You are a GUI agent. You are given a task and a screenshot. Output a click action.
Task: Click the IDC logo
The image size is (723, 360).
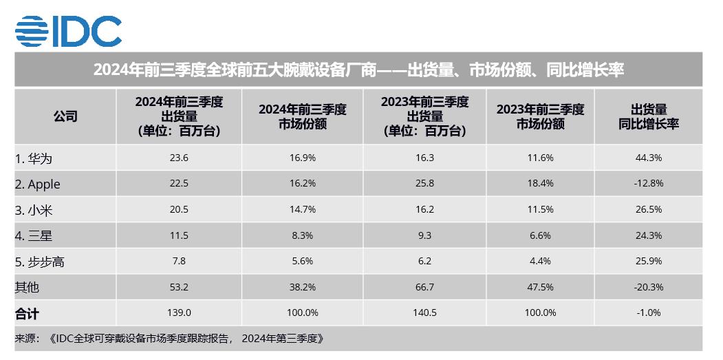pos(68,30)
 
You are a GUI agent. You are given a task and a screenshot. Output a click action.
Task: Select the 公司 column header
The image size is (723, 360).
pos(65,116)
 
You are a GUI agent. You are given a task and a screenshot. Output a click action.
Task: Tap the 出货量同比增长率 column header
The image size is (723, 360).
pos(648,116)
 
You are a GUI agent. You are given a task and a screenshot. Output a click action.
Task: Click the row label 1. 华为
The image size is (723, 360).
pos(34,158)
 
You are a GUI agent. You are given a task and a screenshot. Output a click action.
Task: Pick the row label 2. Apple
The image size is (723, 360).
pos(38,184)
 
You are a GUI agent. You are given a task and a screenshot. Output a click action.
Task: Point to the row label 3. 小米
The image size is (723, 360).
pos(34,210)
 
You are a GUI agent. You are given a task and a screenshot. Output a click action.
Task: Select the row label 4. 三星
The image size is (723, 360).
pos(34,236)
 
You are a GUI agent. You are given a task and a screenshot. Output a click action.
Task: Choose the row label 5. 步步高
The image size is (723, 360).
pos(40,262)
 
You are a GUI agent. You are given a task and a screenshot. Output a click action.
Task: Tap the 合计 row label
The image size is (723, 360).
pos(27,313)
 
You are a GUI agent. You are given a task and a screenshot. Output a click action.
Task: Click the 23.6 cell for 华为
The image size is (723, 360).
pos(179,158)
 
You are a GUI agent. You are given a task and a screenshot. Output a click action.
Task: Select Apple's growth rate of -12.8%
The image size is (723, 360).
pos(648,184)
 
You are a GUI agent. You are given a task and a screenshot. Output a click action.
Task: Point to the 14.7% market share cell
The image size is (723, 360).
pos(302,210)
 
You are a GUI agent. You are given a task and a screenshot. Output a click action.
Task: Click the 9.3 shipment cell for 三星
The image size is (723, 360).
pos(424,236)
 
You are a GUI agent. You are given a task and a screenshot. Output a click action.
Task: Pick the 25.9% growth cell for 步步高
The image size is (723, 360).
pos(648,262)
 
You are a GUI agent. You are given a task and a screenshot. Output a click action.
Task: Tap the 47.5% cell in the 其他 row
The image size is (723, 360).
pos(540,288)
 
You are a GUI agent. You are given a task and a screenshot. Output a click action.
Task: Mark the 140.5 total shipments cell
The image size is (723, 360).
pos(424,313)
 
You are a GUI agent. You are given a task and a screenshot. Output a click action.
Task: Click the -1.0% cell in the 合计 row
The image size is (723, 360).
pos(648,313)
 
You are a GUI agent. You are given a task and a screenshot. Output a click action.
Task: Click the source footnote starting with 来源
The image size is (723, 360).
pos(169,339)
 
